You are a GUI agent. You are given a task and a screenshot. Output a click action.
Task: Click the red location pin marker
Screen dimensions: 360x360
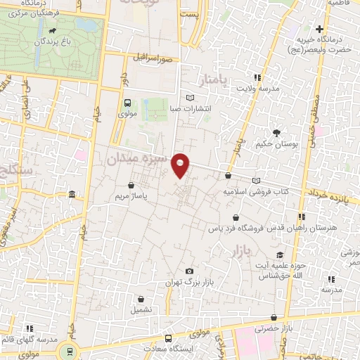pyautogui.click(x=181, y=165)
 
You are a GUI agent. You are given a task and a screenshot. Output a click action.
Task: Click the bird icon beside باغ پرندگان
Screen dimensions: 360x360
pyautogui.click(x=54, y=31)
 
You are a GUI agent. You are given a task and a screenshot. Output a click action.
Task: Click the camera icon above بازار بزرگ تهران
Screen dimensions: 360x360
pyautogui.click(x=189, y=271)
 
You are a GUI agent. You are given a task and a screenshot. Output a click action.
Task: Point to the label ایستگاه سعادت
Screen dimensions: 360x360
pyautogui.click(x=166, y=349)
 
